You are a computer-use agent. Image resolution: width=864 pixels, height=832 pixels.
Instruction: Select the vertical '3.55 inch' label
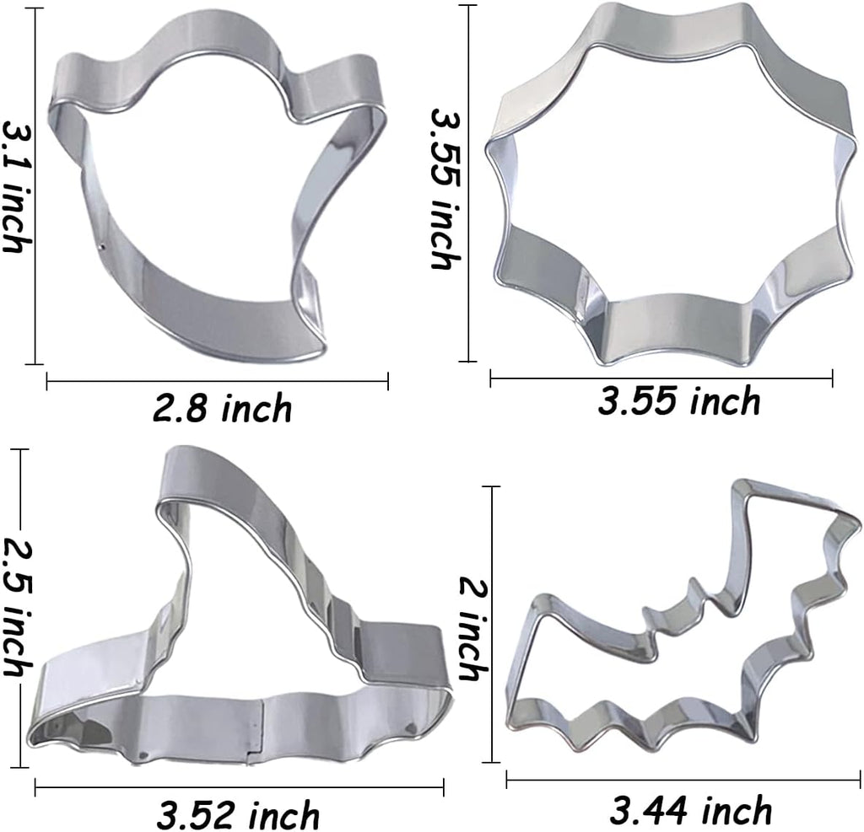(444, 188)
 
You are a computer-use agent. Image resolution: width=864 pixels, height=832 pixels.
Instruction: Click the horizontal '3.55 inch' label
(679, 403)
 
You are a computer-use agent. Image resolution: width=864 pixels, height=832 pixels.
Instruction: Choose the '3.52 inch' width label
(239, 815)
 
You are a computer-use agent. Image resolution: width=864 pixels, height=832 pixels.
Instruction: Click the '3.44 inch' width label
(690, 811)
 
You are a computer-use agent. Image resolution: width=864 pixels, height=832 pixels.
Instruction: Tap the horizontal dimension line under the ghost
(217, 381)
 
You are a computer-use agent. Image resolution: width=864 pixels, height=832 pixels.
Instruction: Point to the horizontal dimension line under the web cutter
(661, 378)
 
